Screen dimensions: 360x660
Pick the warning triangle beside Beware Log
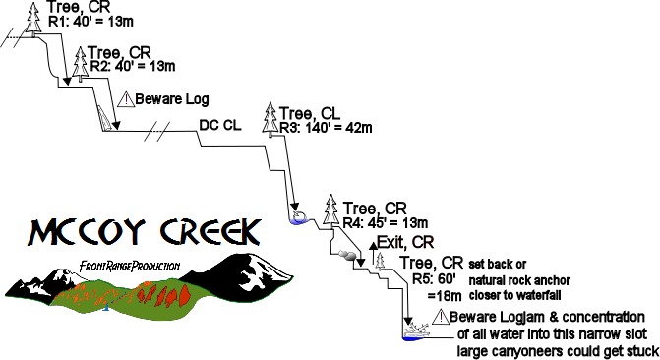coord(125,99)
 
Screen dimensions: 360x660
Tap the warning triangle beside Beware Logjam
coord(438,317)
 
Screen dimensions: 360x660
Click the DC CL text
coord(220,125)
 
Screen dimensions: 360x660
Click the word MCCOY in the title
coord(84,232)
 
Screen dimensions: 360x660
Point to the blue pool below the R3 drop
coord(298,218)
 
